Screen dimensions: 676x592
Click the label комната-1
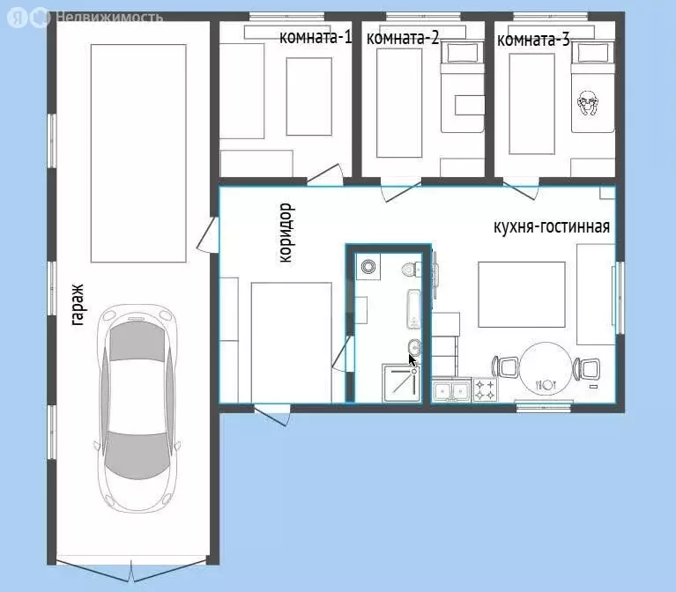(316, 37)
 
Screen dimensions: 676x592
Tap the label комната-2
(403, 38)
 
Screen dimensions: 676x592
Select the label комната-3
(533, 40)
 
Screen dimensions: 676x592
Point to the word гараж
(78, 305)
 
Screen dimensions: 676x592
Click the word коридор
(286, 233)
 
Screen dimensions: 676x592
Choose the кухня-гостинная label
(552, 226)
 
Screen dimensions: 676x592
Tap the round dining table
(546, 367)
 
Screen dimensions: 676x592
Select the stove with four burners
(485, 389)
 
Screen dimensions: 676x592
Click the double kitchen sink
(451, 390)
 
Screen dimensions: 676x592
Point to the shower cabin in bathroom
(401, 383)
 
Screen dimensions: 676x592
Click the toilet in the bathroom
(412, 270)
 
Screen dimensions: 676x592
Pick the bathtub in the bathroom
(414, 309)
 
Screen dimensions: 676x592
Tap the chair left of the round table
(505, 367)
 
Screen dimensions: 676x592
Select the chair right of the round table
(586, 369)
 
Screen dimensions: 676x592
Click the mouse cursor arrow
(412, 360)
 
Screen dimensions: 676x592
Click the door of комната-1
(325, 174)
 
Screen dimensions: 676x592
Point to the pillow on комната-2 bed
(462, 53)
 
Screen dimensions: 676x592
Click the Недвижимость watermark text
(109, 18)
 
